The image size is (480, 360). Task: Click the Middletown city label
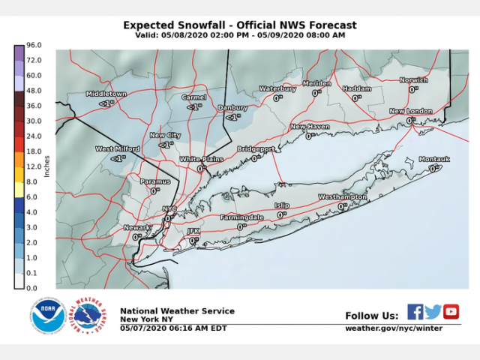click(x=106, y=94)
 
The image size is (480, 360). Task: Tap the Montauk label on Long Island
click(x=434, y=159)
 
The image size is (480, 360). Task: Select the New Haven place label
click(x=310, y=127)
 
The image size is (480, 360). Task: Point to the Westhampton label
click(x=342, y=196)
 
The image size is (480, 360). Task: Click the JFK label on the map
click(x=193, y=231)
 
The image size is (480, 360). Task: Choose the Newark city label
click(x=137, y=226)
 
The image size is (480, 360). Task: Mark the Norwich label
click(x=413, y=79)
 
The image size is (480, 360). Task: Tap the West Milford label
click(x=117, y=148)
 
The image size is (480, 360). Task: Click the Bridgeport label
click(x=256, y=149)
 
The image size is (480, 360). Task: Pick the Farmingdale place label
click(x=241, y=217)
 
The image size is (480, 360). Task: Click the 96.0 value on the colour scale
click(x=33, y=45)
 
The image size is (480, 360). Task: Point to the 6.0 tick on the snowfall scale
click(x=33, y=196)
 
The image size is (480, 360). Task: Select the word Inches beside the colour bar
click(x=47, y=166)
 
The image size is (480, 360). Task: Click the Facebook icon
click(x=415, y=311)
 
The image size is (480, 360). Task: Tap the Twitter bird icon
click(x=433, y=311)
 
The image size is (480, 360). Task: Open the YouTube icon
click(x=451, y=311)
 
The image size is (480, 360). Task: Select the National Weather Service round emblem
click(x=87, y=316)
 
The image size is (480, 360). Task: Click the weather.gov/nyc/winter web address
click(x=393, y=328)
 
